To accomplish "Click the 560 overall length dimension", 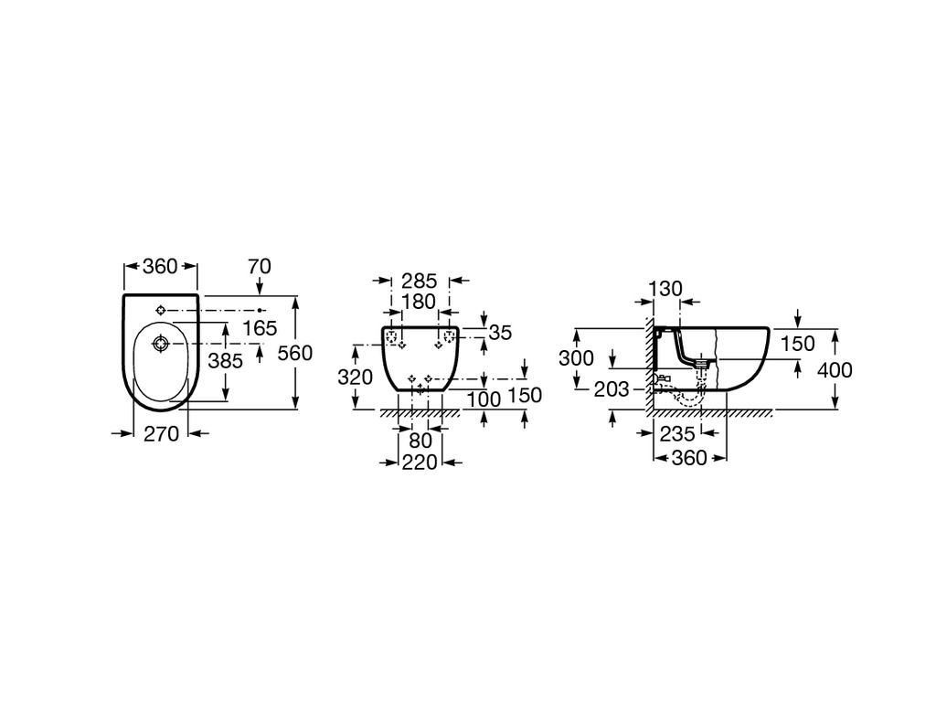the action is tap(295, 353).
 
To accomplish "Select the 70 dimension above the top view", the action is tap(260, 266).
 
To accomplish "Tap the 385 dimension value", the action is tap(225, 360).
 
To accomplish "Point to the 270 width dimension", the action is tap(162, 434).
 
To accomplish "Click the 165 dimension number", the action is tap(261, 328).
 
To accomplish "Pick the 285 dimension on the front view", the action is tap(419, 281).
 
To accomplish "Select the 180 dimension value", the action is tap(419, 302).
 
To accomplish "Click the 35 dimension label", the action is tap(500, 333).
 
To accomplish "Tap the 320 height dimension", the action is tap(356, 378).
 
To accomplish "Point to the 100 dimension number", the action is tap(484, 399).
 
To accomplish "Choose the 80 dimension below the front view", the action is tap(420, 441).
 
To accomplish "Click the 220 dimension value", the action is tap(420, 462).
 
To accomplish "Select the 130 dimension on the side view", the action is tap(665, 289).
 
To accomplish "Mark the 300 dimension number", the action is tap(576, 358).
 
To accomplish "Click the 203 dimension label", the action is tap(612, 389).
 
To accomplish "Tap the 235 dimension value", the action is tap(677, 434).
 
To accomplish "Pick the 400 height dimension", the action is tap(835, 370).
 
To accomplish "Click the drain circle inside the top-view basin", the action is tap(160, 344).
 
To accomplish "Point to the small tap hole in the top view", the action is tap(160, 310).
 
